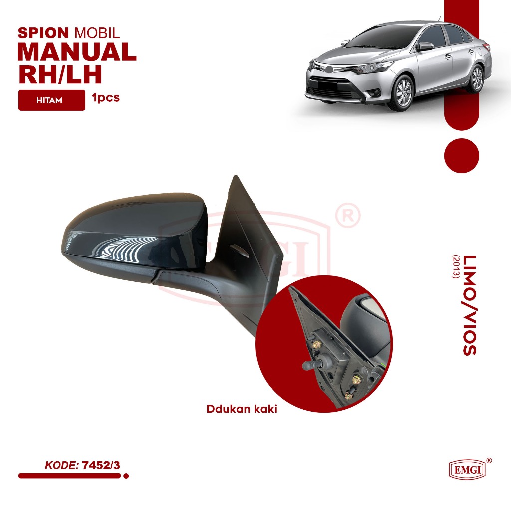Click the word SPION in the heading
coord(43,33)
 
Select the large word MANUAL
coord(77,52)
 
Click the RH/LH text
coord(60,74)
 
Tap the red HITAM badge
coord(52,100)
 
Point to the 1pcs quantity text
coord(106,98)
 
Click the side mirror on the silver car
coord(425,46)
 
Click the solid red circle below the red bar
coord(461,155)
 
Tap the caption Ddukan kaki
coord(242,409)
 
